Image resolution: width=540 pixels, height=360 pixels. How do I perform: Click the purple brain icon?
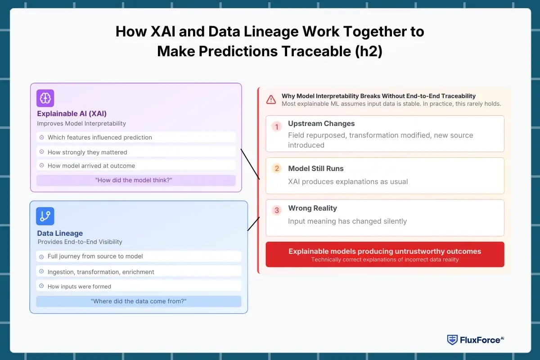[45, 98]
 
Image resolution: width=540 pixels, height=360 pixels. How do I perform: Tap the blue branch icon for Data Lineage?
[45, 216]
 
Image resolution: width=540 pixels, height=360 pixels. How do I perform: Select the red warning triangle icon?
[271, 99]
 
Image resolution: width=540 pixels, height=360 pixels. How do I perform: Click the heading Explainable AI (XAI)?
[72, 113]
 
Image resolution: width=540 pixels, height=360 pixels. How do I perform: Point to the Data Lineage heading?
[60, 233]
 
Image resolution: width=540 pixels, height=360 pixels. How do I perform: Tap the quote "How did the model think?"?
[136, 180]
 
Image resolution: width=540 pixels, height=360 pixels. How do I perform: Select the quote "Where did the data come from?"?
[138, 301]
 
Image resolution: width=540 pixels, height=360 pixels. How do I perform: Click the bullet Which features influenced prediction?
[99, 137]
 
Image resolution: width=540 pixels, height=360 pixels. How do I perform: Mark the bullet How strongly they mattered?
[87, 152]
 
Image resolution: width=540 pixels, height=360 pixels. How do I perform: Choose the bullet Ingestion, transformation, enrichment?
[101, 272]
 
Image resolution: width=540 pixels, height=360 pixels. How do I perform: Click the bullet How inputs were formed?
[79, 286]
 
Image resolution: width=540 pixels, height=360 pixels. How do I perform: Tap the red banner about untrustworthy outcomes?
[385, 254]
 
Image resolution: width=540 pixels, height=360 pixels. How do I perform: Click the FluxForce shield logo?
[452, 340]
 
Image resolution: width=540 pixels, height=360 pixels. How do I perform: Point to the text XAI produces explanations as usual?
[348, 182]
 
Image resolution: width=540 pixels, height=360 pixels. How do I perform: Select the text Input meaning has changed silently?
[347, 221]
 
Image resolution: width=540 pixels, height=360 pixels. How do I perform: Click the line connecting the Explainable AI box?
[250, 164]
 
